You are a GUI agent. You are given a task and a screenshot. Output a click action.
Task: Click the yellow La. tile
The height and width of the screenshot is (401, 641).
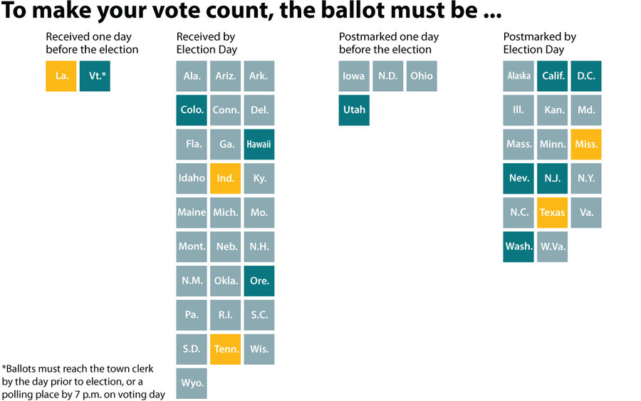click(x=61, y=76)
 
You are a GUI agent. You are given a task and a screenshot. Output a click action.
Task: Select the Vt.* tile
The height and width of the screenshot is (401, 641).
click(x=95, y=76)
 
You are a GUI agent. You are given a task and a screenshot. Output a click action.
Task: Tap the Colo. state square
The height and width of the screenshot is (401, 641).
click(x=192, y=110)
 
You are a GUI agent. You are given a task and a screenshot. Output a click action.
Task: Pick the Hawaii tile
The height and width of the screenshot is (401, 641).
click(x=259, y=145)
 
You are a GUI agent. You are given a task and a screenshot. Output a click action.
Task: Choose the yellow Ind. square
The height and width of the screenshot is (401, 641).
click(x=225, y=179)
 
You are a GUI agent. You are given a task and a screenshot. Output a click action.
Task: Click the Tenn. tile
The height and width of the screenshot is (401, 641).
click(x=225, y=349)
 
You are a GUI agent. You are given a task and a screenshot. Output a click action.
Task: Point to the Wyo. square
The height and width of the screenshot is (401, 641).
click(x=192, y=383)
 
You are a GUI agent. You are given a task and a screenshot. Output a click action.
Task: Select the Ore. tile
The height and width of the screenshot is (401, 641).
click(x=259, y=281)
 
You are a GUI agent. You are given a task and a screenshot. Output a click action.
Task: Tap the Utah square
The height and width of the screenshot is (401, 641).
click(x=354, y=110)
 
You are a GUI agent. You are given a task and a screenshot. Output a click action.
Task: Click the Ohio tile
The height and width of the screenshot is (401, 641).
click(x=422, y=76)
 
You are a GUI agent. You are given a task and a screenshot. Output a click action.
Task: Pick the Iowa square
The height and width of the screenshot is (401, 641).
click(x=354, y=76)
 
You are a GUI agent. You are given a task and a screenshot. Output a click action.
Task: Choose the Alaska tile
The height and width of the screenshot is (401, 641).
click(x=518, y=76)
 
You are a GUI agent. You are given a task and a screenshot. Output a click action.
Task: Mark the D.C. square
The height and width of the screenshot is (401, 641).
click(x=586, y=76)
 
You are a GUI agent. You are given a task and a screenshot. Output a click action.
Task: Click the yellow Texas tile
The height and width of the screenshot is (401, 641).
click(x=552, y=212)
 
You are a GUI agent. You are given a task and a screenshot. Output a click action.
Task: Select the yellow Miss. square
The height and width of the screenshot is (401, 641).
click(x=586, y=145)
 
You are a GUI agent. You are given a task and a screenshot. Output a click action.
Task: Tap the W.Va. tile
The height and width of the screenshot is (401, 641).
click(x=552, y=246)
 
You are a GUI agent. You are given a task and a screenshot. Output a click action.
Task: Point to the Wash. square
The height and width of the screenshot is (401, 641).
click(x=518, y=246)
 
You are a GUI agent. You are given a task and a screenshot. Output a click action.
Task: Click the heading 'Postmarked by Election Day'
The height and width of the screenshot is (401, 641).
click(x=539, y=43)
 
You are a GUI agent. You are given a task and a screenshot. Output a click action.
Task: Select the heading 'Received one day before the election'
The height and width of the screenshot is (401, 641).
click(x=92, y=43)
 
